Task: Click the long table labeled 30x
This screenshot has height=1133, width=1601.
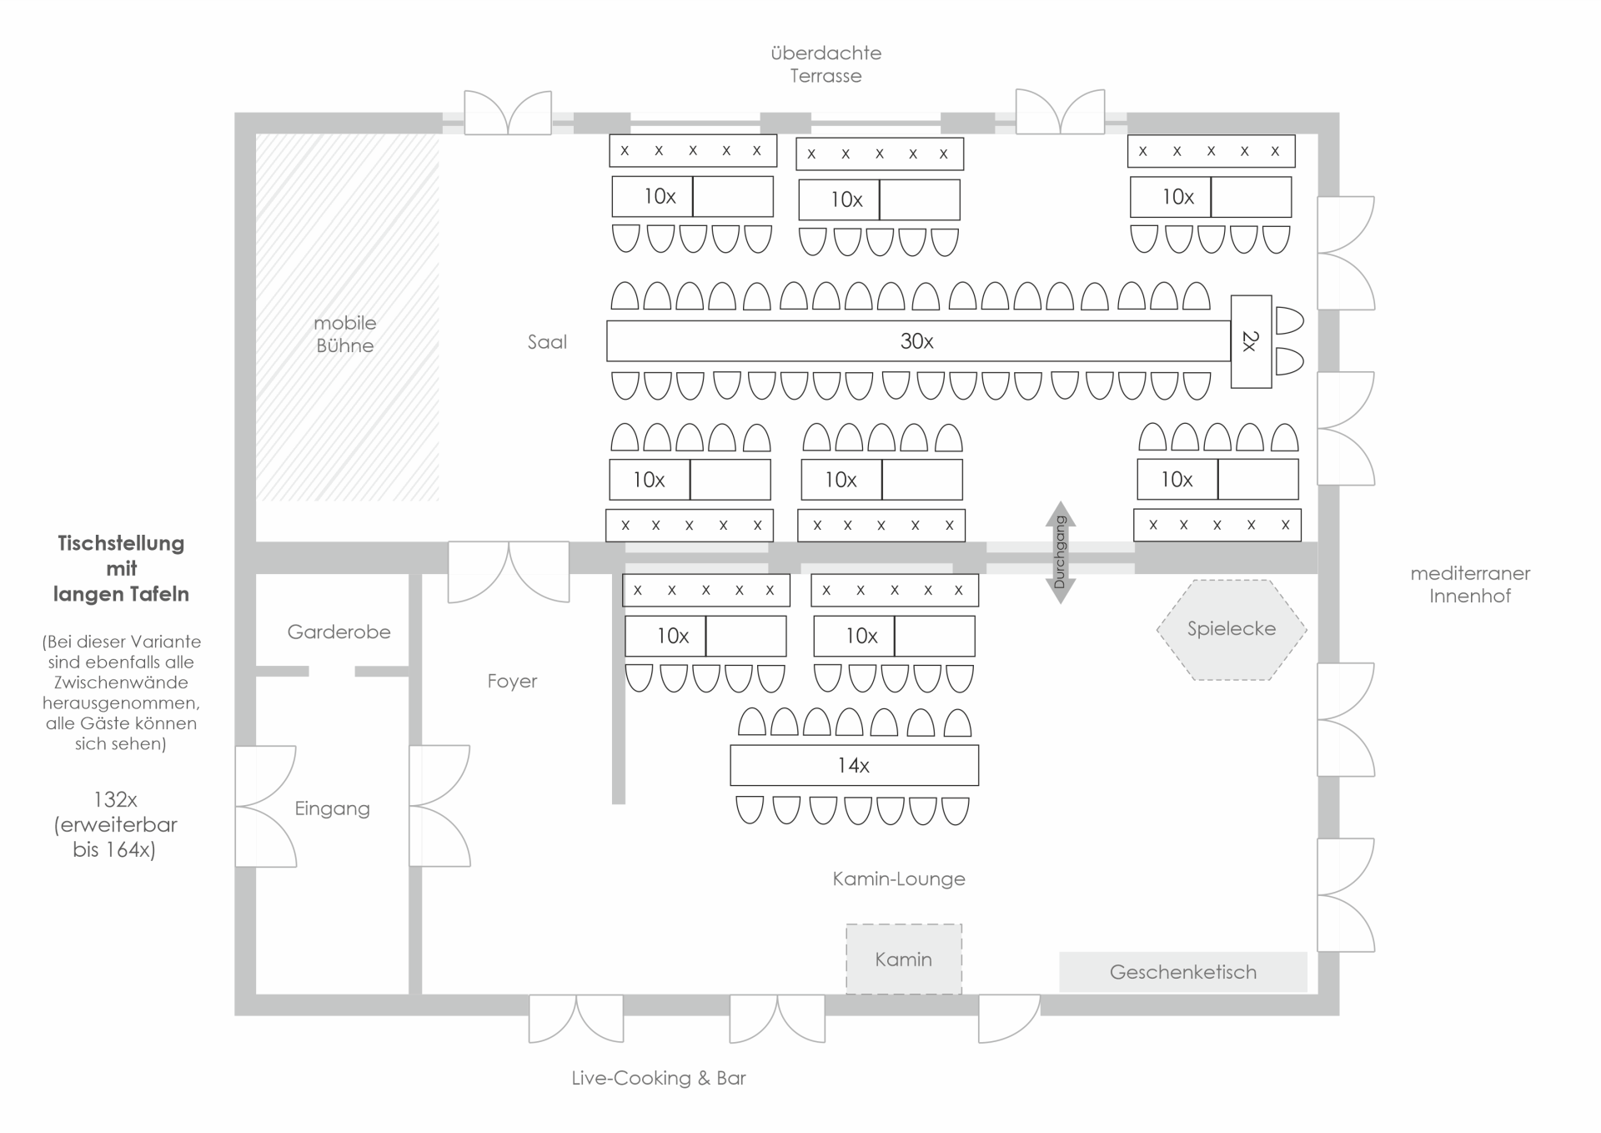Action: pos(917,341)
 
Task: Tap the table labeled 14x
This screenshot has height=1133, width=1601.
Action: pos(854,765)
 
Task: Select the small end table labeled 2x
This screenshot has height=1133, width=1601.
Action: pos(1251,341)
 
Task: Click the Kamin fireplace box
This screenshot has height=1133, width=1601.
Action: pos(904,959)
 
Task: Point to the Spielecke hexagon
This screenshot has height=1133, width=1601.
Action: pos(1232,629)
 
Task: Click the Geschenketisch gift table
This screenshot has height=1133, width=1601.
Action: pos(1182,972)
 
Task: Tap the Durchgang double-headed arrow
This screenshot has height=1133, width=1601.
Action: pos(1060,552)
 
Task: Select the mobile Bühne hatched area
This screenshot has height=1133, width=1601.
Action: pos(346,334)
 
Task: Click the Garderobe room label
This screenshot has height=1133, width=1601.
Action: pos(339,632)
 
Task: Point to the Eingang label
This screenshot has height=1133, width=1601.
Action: pos(332,808)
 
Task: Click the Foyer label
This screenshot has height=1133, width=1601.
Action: pos(512,682)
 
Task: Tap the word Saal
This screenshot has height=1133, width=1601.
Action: pos(547,342)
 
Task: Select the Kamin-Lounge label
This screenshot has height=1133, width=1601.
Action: pos(899,879)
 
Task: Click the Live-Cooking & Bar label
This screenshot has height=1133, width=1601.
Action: pos(659,1078)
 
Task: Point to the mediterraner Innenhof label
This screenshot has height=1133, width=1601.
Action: pos(1470,585)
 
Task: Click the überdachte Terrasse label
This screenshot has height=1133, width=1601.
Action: pos(826,64)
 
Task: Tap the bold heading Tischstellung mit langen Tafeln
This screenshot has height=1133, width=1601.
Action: pos(122,568)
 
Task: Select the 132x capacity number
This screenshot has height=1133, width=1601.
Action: pos(115,799)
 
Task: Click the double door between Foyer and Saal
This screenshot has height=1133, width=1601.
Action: pos(509,571)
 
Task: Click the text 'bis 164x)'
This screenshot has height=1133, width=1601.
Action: pos(115,850)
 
